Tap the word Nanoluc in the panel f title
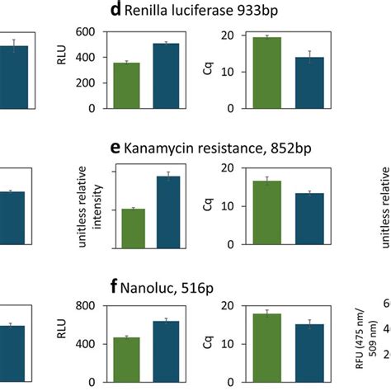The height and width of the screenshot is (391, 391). pos(147,288)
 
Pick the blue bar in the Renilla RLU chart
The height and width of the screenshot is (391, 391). pos(166,77)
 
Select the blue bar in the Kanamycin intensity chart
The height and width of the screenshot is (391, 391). pos(167,212)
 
